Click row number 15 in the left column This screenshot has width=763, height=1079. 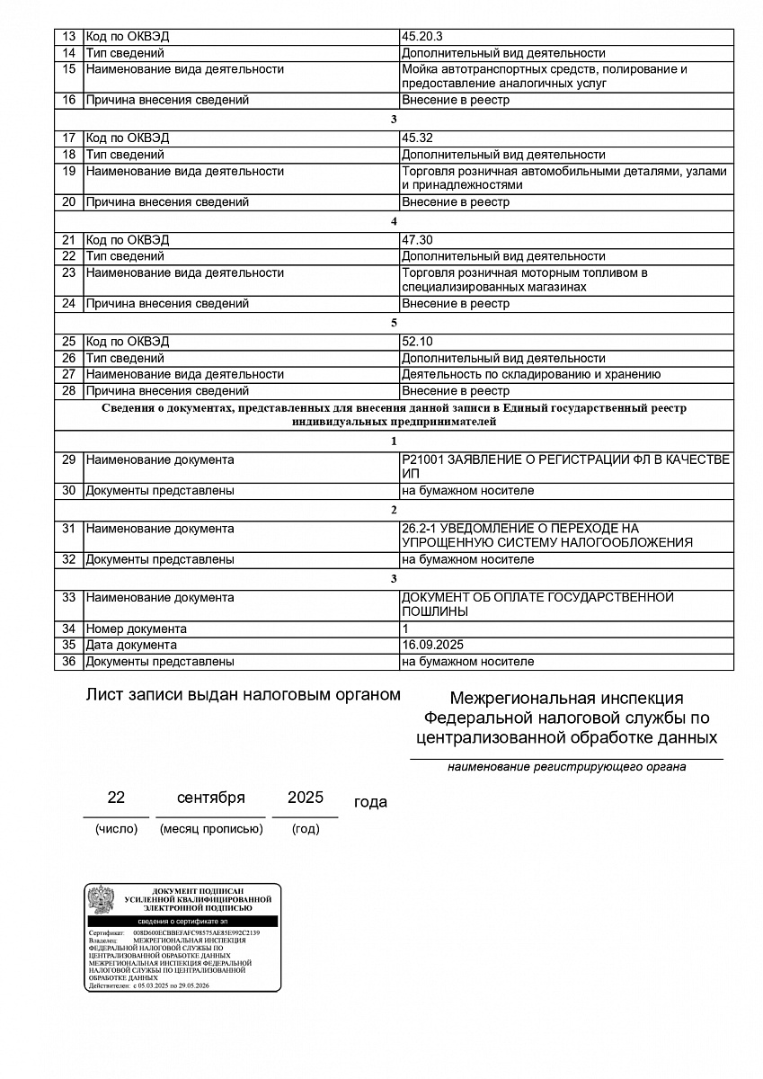(x=68, y=69)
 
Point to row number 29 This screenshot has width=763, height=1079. (x=68, y=460)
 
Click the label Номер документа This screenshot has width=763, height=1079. (x=136, y=629)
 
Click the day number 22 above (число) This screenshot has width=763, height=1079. (x=116, y=798)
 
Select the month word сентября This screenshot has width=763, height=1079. (x=210, y=798)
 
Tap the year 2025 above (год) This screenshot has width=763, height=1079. (x=306, y=798)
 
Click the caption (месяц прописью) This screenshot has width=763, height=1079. (x=211, y=829)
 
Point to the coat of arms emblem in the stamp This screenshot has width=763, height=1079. (x=100, y=899)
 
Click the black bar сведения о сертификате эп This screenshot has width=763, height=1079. (x=182, y=922)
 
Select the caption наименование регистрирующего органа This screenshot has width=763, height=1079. (x=567, y=767)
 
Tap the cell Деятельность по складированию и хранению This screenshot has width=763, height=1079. (x=531, y=374)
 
